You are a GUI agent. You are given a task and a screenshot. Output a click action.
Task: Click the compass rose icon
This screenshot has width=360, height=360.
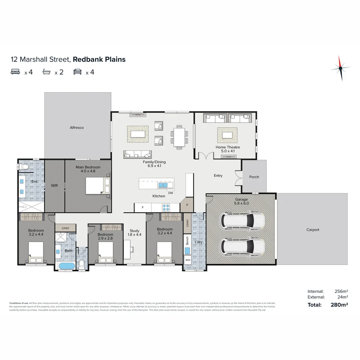coord(340,68)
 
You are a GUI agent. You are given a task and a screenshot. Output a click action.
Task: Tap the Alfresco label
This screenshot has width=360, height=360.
coord(77,127)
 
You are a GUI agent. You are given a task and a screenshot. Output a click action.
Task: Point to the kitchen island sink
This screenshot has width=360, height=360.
coord(163,185)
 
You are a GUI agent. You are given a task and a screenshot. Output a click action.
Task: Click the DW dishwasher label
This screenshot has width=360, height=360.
coord(171,193)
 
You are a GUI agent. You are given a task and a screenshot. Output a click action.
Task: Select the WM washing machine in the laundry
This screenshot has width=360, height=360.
coord(188,260)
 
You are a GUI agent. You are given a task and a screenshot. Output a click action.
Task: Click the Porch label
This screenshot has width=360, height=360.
coord(254,177)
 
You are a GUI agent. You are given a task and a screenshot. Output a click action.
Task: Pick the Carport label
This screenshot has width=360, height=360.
coord(313,230)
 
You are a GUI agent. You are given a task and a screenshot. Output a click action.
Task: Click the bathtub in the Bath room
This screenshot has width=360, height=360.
coord(67,266)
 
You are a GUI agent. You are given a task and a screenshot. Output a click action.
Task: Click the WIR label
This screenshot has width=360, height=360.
coord(54,185)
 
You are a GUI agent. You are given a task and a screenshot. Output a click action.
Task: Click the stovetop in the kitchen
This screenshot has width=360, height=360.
coord(166,207)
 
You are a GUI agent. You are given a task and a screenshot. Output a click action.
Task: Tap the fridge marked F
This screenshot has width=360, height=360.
coord(143,207)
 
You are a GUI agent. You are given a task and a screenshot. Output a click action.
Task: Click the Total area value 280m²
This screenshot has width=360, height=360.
coord(339,304)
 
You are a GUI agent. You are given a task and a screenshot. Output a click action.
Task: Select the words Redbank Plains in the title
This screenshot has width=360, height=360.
coord(99,60)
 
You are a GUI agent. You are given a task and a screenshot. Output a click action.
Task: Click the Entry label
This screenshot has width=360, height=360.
coord(218,175)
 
